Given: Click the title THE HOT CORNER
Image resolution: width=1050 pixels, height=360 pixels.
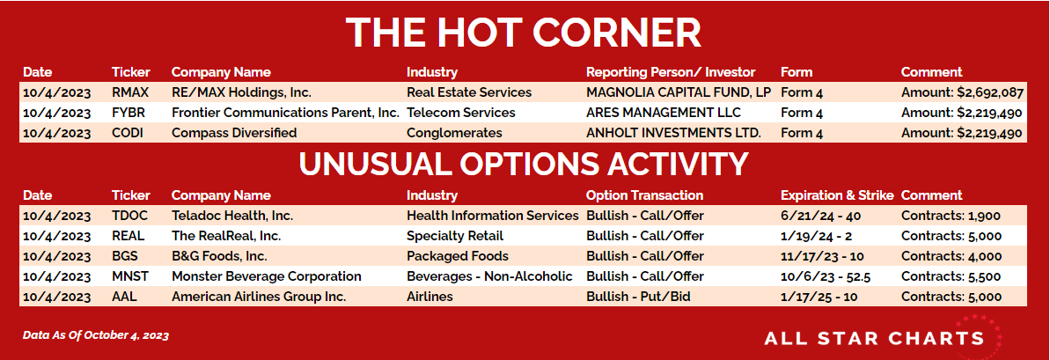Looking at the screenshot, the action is click(x=523, y=32).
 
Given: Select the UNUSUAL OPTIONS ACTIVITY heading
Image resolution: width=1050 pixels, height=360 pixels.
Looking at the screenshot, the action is click(x=523, y=164).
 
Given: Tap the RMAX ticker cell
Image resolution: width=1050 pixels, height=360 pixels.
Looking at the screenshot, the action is click(x=130, y=92).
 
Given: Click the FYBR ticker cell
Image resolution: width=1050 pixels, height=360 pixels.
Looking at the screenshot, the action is click(x=129, y=113).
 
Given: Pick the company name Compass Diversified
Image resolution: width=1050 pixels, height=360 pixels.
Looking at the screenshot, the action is click(x=234, y=133).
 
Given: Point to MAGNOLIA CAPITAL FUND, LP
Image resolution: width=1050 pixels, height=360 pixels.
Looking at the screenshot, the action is click(x=679, y=92).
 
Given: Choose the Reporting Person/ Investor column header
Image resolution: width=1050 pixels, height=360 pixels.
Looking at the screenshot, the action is click(x=671, y=72).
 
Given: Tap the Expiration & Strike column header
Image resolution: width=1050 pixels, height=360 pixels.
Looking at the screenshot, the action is click(x=837, y=195).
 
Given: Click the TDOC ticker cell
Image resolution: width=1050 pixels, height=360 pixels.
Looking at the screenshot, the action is click(x=130, y=216).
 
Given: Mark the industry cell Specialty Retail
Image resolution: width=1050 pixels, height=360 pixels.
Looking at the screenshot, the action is click(x=455, y=236).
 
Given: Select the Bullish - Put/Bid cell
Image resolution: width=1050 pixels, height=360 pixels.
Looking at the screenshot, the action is click(x=638, y=297).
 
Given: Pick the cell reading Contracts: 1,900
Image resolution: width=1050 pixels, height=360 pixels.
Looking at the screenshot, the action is click(x=951, y=216).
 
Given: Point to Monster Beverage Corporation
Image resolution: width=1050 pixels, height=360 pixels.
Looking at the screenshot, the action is click(x=267, y=276).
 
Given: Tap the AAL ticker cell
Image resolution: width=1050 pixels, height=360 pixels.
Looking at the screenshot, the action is click(x=125, y=297).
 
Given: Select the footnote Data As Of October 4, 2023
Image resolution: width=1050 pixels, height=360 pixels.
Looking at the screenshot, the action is click(x=96, y=335).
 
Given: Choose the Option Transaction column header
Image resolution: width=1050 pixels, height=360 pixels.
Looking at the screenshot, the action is click(x=644, y=195).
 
